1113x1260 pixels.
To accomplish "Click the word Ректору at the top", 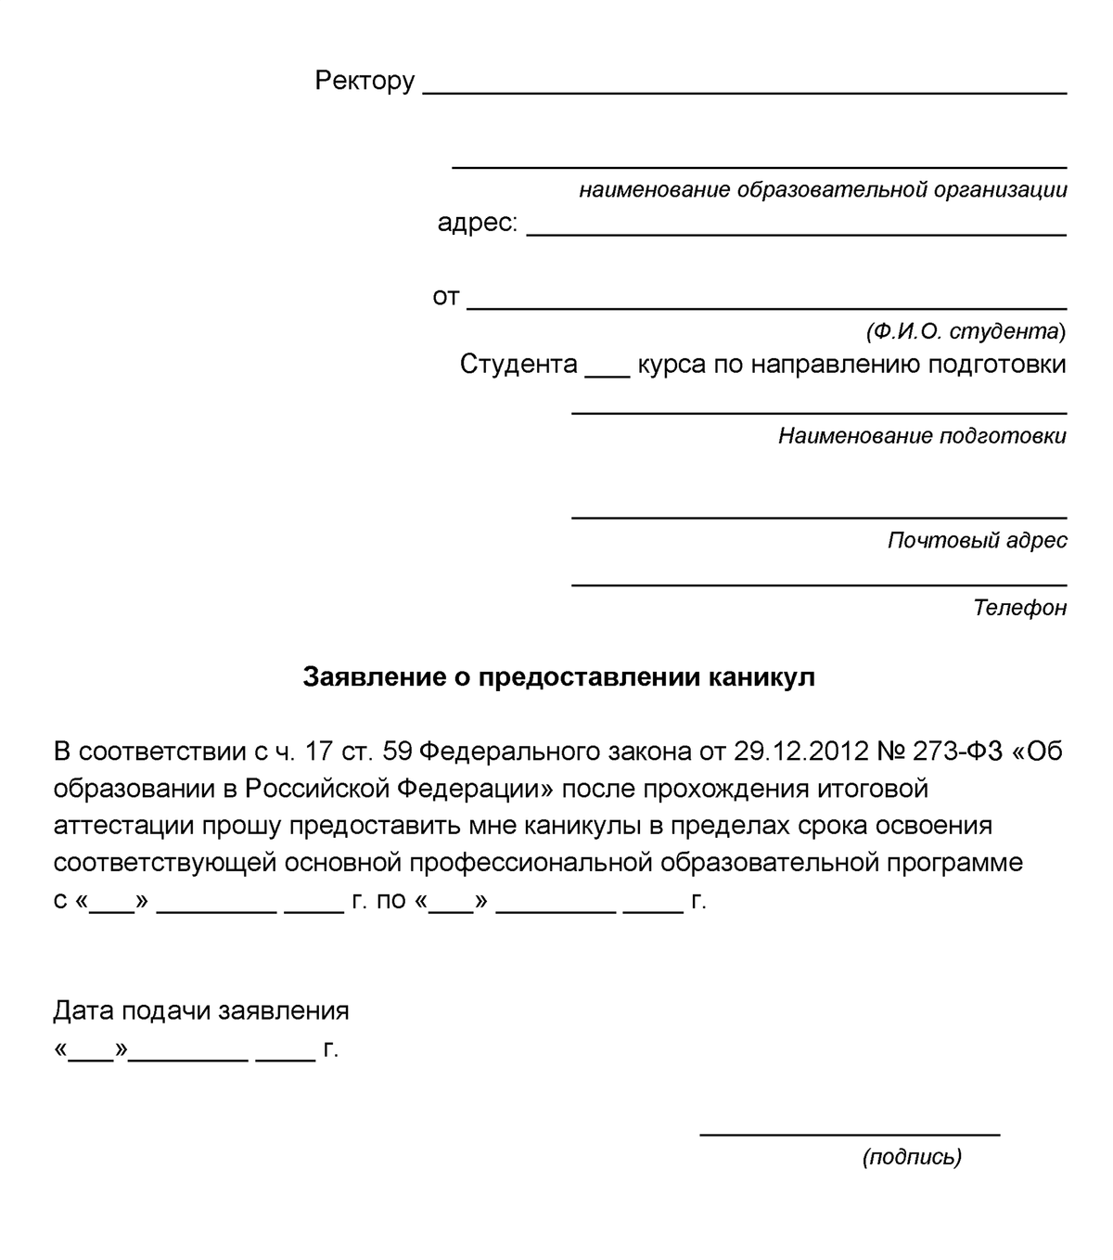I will click(x=365, y=82).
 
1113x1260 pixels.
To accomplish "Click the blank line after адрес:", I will click(x=796, y=234).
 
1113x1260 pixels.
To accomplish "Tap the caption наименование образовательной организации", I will click(x=823, y=190).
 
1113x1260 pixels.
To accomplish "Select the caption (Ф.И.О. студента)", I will click(x=966, y=331).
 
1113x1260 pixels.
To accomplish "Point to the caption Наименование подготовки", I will click(x=922, y=436).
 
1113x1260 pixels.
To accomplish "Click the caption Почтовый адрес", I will click(x=977, y=540).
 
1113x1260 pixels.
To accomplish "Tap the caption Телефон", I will click(x=1019, y=608).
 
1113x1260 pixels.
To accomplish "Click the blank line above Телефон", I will click(x=818, y=584).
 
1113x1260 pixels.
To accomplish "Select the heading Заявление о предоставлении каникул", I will click(x=558, y=677).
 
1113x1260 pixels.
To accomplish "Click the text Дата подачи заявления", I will click(x=201, y=1010).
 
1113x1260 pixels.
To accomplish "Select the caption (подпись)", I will click(x=912, y=1157).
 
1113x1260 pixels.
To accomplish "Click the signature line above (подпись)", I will click(x=850, y=1133).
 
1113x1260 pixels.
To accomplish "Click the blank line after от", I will click(x=766, y=307).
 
